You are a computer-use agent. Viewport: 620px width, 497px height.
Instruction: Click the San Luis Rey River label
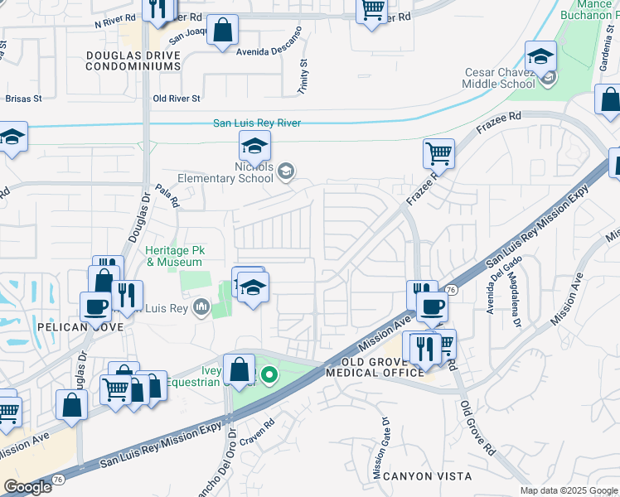[x=257, y=123]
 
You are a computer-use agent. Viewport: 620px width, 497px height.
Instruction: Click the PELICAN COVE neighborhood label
[x=80, y=327]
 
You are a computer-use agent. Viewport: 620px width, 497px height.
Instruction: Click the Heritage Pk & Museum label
[x=174, y=256]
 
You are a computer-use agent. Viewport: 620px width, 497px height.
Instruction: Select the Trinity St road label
[x=303, y=75]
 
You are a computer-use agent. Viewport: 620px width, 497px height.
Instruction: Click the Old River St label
[x=177, y=99]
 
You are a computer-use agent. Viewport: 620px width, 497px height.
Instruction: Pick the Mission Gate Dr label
[x=382, y=448]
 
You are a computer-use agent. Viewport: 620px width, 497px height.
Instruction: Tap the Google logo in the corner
[x=28, y=487]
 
